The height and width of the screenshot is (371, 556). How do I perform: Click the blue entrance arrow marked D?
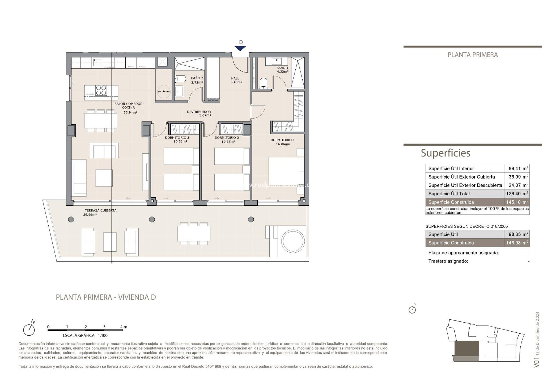point(240,48)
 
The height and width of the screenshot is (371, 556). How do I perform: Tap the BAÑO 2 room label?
point(197,78)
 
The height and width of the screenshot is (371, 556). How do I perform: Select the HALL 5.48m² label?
point(235,80)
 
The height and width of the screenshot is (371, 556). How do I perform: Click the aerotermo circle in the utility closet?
point(164,91)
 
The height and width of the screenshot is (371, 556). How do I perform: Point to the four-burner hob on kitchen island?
point(101,90)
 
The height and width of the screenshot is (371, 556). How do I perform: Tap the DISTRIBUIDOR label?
point(199,112)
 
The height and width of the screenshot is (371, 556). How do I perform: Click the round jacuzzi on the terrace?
point(293,241)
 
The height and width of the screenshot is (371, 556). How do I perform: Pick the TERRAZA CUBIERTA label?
point(100,210)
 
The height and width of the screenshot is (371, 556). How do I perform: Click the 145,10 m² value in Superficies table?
point(517,202)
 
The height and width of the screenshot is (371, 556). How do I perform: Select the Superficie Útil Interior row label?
point(451,168)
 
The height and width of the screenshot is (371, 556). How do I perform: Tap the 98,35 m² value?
point(517,234)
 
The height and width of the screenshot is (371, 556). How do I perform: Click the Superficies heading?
point(445,153)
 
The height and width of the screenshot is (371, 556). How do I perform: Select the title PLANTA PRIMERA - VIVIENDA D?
point(106,297)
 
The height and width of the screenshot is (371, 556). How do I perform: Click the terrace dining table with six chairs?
point(194,234)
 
